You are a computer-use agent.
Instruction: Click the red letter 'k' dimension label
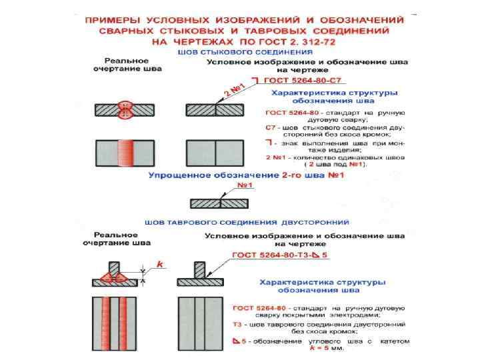click(160, 265)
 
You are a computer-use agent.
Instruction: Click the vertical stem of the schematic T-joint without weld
click(201, 268)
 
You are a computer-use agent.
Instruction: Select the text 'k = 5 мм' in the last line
click(327, 347)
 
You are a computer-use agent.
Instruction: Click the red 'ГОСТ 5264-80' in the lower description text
click(252, 307)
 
